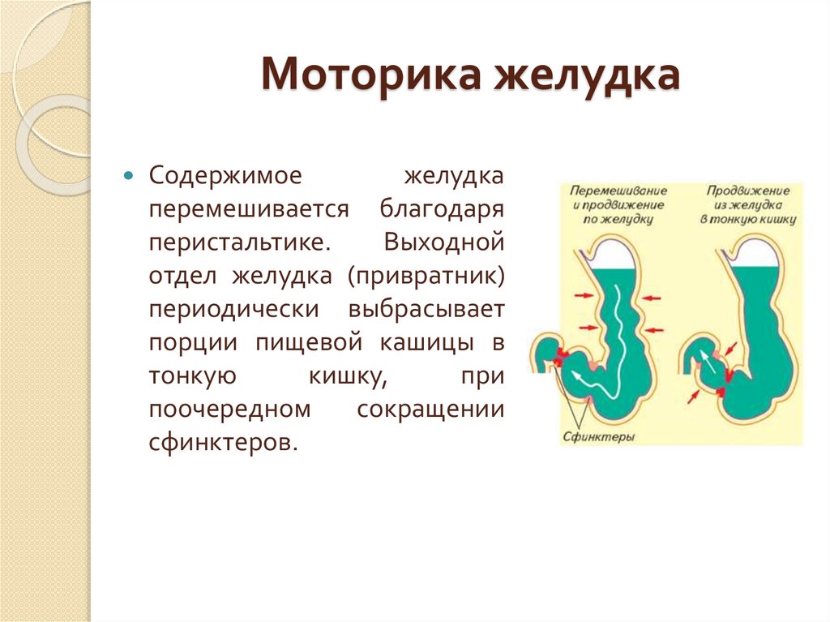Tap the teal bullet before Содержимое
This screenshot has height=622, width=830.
(128, 176)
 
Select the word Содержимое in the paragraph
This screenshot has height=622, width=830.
(214, 176)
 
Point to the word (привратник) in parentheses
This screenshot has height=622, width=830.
(426, 276)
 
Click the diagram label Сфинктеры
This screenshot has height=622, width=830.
(597, 436)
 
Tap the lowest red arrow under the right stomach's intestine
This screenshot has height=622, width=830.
(695, 397)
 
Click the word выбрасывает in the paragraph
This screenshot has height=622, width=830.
(426, 310)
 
